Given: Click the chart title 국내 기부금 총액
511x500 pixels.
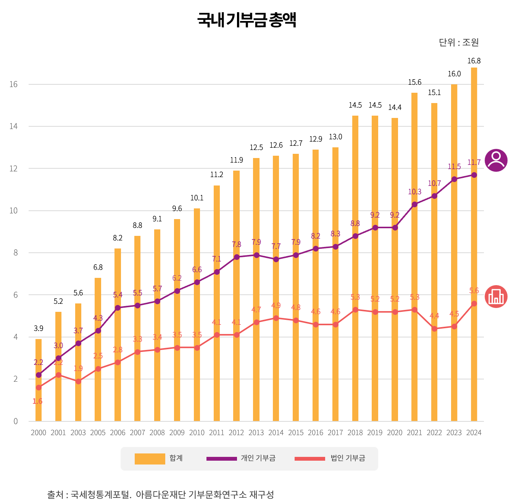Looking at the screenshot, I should pos(247,20).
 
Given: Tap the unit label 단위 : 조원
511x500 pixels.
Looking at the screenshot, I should pos(458,42).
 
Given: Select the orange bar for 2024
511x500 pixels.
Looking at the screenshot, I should pos(474,244).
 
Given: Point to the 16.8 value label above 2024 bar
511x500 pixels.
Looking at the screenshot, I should pos(474,61).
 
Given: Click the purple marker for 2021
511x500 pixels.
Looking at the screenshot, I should pos(414,204).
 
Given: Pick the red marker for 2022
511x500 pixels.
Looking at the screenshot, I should pos(434,329).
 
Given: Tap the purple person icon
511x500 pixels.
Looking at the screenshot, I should pos(496,160).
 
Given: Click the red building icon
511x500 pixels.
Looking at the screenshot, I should pos(496,297).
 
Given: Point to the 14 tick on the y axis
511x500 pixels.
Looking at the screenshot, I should pos(14,126).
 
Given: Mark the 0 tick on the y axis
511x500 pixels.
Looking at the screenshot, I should pos(16,421).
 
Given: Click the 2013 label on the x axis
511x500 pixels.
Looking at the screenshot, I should pos(256,432).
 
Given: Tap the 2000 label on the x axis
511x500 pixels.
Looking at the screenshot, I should pos(38,432).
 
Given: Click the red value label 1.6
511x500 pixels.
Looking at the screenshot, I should pos(37,401).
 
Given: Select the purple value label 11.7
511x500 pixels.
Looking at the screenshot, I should pos(474,163).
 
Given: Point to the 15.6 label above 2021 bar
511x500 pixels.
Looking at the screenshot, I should pos(414,82).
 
